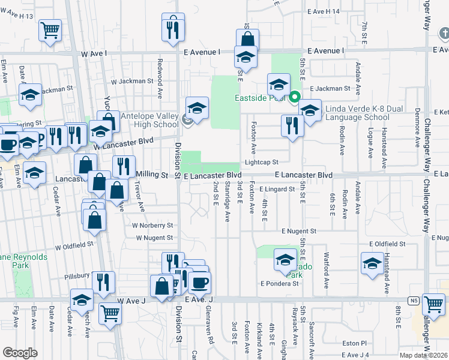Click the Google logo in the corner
tap(20, 353)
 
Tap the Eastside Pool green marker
tap(295, 96)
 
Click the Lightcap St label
tap(261, 162)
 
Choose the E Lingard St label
tap(277, 189)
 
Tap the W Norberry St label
tap(152, 226)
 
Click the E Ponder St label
tap(279, 283)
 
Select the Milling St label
tap(151, 175)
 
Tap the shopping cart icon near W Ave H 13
tap(50, 30)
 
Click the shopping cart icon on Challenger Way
tap(433, 304)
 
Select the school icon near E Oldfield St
tap(372, 263)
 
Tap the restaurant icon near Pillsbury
tap(104, 282)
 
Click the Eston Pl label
tap(355, 343)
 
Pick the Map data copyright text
tap(424, 355)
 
